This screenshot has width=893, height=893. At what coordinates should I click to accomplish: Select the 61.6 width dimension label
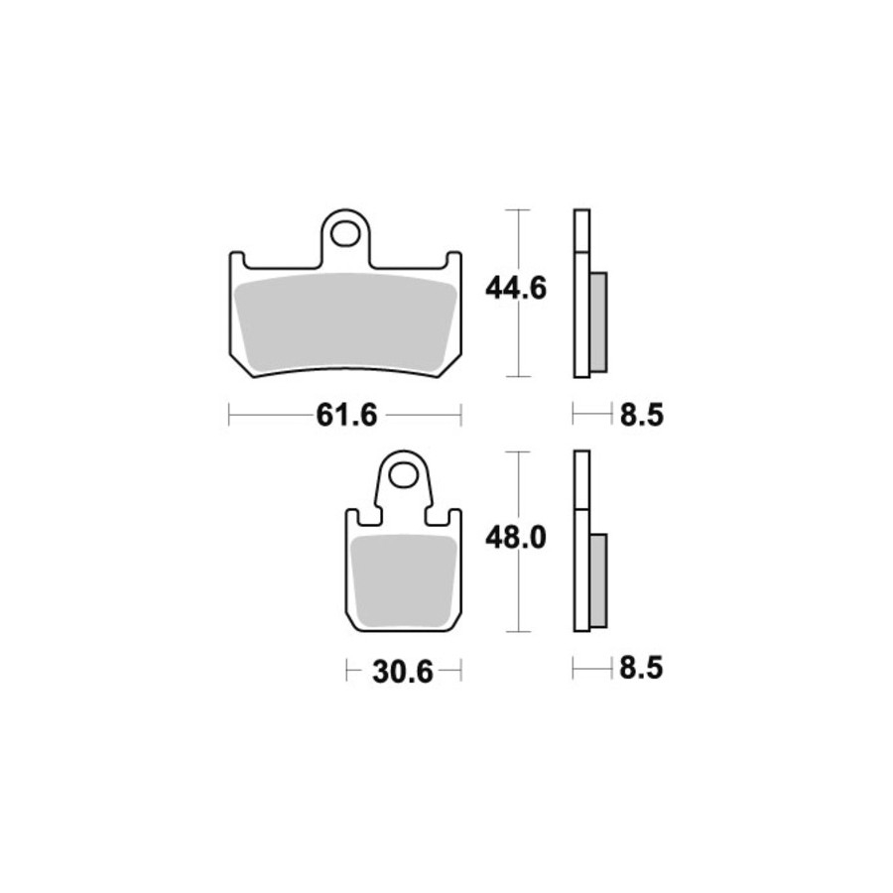click(346, 415)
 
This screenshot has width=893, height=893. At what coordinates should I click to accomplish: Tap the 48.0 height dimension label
click(516, 538)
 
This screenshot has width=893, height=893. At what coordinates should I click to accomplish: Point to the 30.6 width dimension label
click(403, 672)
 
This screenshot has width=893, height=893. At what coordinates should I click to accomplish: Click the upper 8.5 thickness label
click(642, 415)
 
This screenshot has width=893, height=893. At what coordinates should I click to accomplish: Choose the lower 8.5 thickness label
click(641, 668)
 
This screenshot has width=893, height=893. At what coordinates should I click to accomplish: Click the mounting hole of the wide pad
click(344, 234)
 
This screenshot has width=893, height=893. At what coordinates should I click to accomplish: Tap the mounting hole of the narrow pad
click(404, 475)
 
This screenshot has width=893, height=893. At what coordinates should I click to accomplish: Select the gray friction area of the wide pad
click(345, 321)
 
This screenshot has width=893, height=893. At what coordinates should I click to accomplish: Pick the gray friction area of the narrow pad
click(404, 580)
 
